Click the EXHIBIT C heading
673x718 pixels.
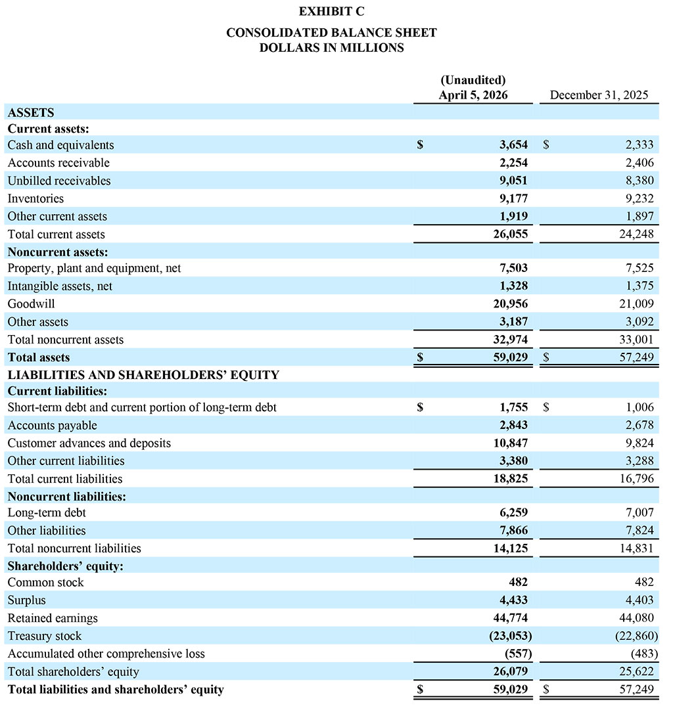[331, 11]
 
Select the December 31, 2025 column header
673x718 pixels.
[599, 95]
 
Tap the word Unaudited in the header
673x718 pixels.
[473, 80]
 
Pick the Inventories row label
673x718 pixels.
[35, 198]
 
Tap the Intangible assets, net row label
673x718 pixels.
[60, 286]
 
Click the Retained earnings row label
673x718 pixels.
[53, 618]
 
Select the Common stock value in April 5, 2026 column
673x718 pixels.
[517, 583]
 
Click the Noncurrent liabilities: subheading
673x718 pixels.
[66, 497]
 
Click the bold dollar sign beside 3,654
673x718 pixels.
[420, 145]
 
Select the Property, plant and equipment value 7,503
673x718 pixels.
[513, 268]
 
